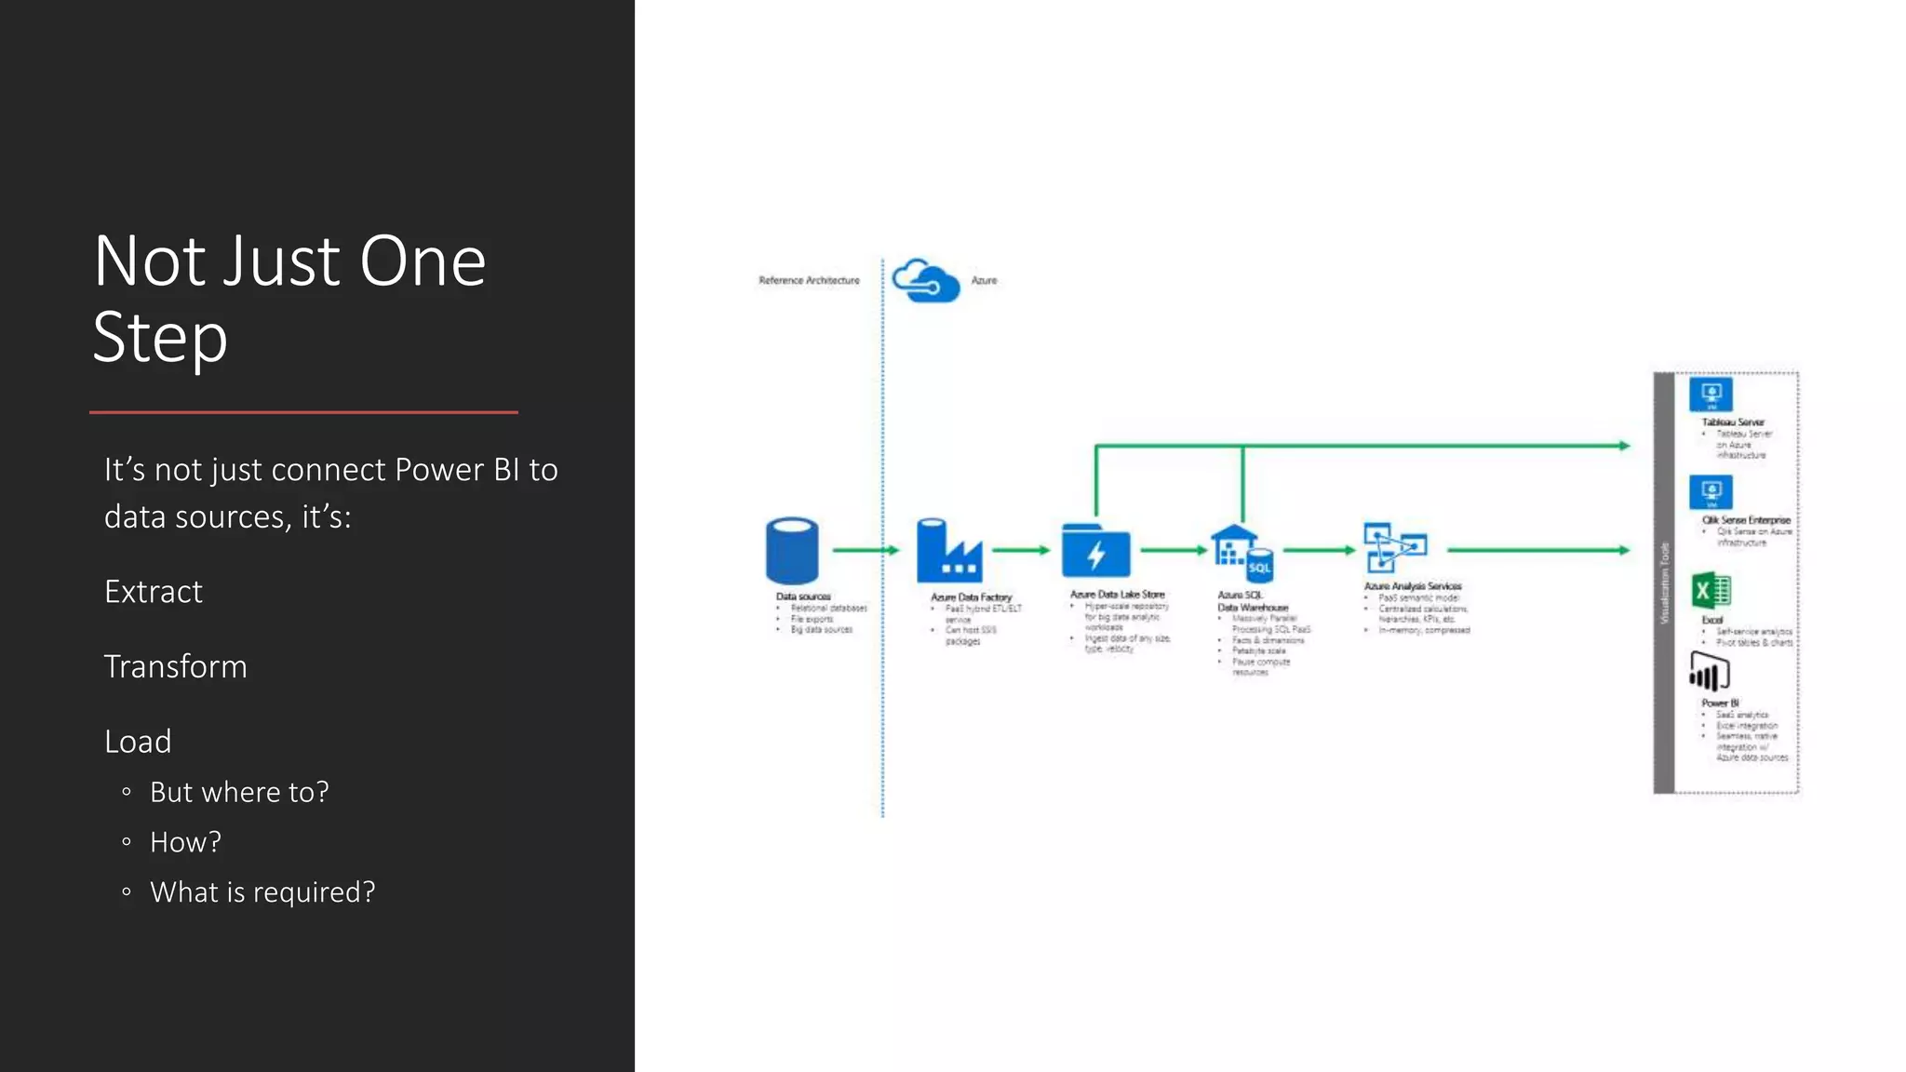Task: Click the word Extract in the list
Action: click(x=153, y=592)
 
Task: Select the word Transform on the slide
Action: click(x=175, y=667)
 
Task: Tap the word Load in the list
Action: click(x=138, y=742)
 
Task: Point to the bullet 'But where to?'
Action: click(x=239, y=792)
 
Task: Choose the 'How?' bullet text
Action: click(x=185, y=842)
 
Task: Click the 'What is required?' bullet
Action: click(x=262, y=892)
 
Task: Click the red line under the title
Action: click(x=303, y=411)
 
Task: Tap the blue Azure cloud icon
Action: click(x=925, y=280)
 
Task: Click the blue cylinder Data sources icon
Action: click(x=792, y=551)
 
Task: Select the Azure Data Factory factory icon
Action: click(x=948, y=551)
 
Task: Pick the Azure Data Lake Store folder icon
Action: click(x=1095, y=552)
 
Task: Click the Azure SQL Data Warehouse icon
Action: click(x=1242, y=553)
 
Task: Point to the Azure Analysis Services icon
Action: click(x=1394, y=547)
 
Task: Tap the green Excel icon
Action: click(x=1711, y=591)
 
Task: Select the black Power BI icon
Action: click(x=1709, y=672)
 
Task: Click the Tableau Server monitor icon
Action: click(x=1711, y=395)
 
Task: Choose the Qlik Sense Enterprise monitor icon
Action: click(x=1711, y=492)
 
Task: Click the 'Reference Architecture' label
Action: click(x=809, y=280)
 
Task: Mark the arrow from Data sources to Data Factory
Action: click(x=866, y=550)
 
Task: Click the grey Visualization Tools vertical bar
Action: click(x=1664, y=583)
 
